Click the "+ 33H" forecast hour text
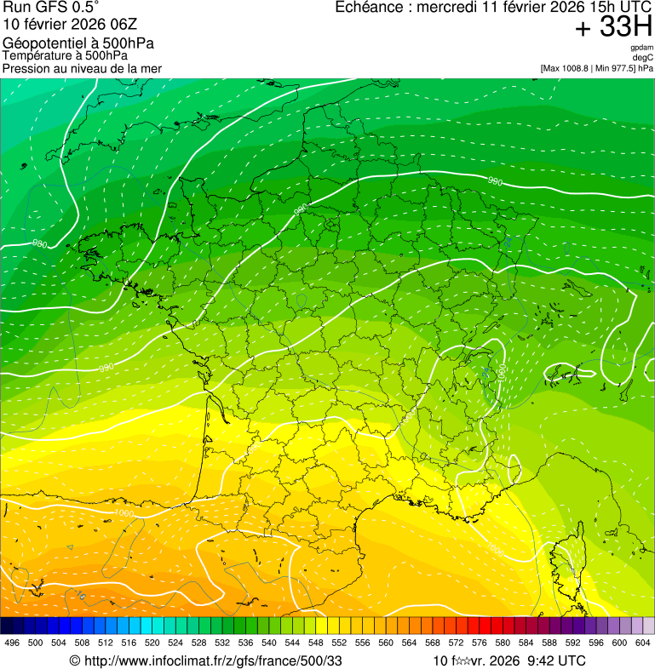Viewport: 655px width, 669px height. tap(613, 27)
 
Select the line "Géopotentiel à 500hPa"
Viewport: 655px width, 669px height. tap(78, 43)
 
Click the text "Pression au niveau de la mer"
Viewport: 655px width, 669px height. tap(82, 68)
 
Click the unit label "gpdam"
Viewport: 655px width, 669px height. tap(641, 48)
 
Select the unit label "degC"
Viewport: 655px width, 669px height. tap(643, 58)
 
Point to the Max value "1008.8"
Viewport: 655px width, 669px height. tap(575, 68)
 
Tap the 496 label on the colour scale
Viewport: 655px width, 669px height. tap(12, 643)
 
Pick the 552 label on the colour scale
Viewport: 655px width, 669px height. tap(339, 643)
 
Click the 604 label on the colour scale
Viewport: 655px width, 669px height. tap(642, 643)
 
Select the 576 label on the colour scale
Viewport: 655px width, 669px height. tap(480, 643)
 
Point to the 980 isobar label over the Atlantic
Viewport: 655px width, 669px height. tap(39, 244)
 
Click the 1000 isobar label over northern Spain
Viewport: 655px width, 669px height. tap(124, 514)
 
